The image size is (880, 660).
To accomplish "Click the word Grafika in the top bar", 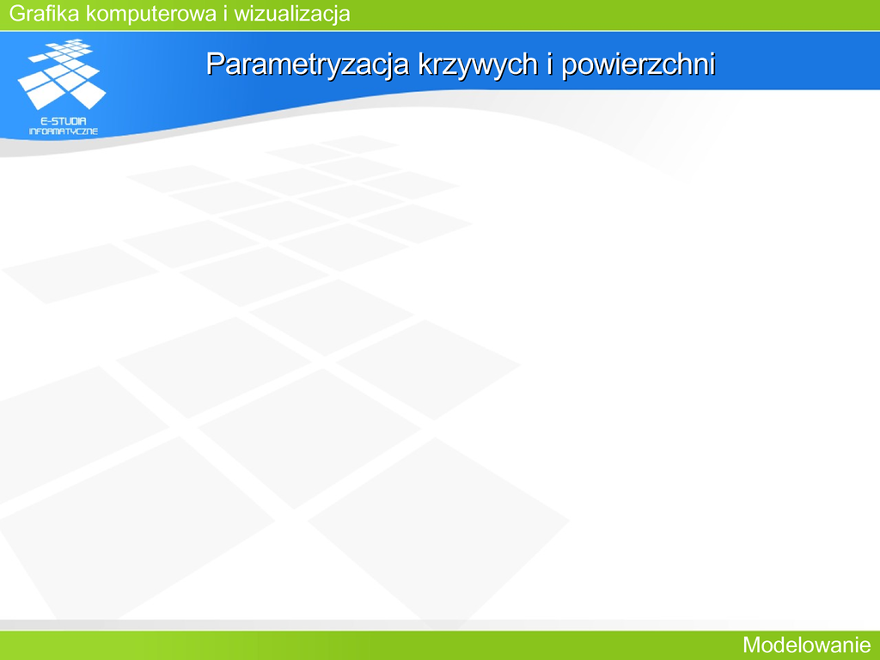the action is pos(45,14).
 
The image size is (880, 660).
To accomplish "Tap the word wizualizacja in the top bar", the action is pos(292,15).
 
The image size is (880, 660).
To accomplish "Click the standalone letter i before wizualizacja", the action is pos(225,14).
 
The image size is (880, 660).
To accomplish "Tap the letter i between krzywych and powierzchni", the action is pos(550,63).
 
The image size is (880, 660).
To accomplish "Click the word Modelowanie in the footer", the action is pos(806,645).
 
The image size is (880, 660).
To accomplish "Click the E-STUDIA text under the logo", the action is pos(64,120).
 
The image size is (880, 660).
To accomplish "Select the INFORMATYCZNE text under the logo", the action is pos(64,131).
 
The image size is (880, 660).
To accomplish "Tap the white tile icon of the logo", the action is pos(62,74).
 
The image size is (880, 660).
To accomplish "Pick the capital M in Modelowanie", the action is pos(752,645).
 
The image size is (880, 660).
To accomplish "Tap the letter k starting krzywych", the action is pos(425,64).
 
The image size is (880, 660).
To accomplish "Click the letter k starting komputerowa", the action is pos(91,14).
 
